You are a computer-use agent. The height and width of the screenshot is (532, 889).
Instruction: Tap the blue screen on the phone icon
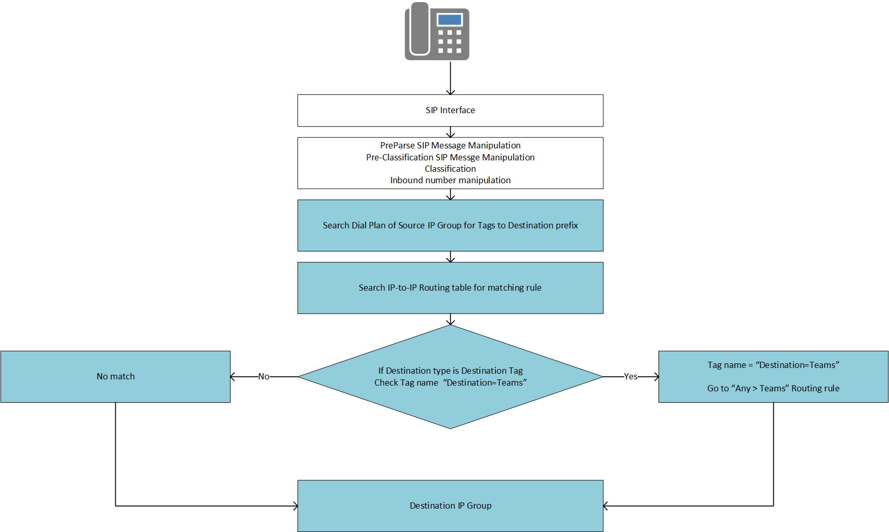[x=450, y=20]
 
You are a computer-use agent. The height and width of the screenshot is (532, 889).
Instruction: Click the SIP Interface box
[x=450, y=111]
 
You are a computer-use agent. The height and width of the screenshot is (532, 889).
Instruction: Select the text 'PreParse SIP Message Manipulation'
[x=450, y=146]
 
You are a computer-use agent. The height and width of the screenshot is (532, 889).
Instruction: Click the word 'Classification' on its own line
[x=450, y=169]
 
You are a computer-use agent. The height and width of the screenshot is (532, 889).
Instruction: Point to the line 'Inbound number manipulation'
[x=450, y=180]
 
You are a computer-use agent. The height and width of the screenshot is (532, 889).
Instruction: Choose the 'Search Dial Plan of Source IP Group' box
[x=450, y=226]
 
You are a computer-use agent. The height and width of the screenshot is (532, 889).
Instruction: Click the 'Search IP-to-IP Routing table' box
[x=450, y=288]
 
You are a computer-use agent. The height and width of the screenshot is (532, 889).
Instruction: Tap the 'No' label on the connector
[x=264, y=377]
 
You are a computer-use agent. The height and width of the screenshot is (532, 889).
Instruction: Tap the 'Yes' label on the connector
[x=631, y=377]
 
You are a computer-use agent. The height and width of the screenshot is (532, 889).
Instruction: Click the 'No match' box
[x=115, y=377]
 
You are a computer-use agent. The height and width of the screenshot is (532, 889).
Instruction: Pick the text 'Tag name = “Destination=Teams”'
[x=773, y=365]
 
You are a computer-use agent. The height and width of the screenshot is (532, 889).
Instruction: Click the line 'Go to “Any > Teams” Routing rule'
[x=773, y=389]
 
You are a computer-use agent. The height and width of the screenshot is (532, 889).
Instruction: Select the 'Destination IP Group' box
[x=450, y=506]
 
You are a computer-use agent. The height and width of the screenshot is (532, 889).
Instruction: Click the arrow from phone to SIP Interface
[x=450, y=78]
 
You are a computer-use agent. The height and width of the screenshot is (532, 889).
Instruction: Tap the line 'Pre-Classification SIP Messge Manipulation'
[x=450, y=157]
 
